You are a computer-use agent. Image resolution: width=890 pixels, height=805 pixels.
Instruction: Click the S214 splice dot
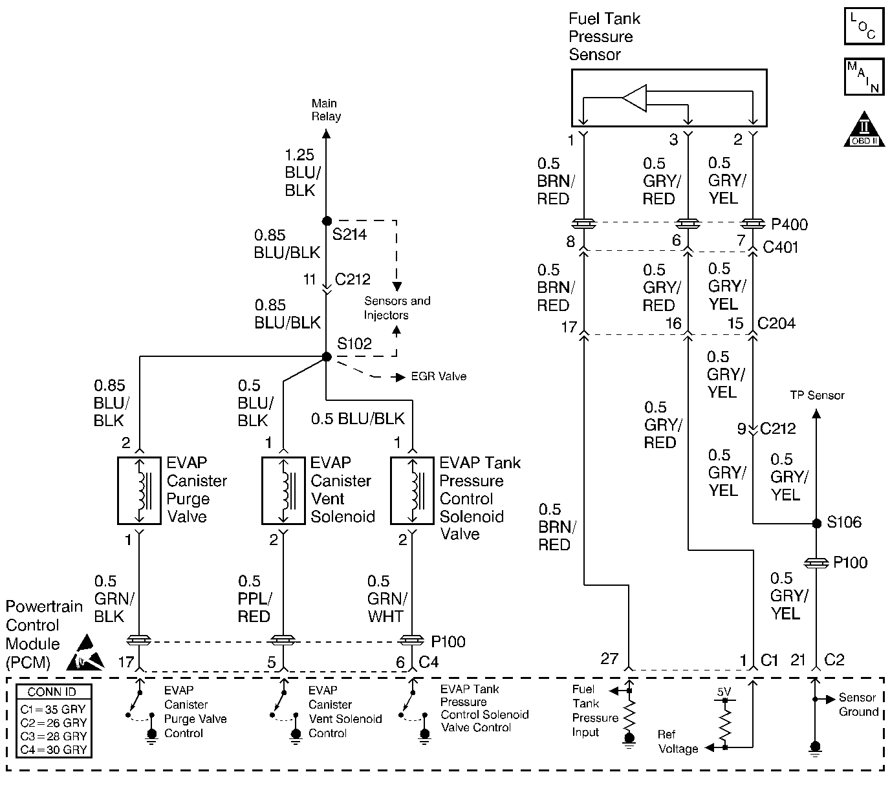(327, 221)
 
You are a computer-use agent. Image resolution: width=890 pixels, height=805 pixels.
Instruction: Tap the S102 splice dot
(327, 357)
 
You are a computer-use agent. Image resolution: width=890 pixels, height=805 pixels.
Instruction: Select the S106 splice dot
(816, 523)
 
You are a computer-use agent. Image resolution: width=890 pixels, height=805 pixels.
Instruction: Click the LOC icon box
(864, 26)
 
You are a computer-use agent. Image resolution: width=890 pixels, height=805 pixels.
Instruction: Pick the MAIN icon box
(864, 77)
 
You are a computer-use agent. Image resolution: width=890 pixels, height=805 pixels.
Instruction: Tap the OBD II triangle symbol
(864, 129)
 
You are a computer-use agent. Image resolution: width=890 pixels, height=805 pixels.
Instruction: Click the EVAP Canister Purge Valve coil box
(139, 491)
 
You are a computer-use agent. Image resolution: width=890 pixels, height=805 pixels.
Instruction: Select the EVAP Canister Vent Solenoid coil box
(283, 491)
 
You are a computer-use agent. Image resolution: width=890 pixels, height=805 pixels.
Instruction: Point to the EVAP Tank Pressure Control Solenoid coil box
(412, 491)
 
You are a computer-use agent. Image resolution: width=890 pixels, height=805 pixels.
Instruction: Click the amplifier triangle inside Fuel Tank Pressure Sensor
(635, 98)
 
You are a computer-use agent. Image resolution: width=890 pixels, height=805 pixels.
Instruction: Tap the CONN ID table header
(52, 692)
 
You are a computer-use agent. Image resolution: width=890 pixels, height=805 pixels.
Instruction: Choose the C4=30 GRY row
(53, 749)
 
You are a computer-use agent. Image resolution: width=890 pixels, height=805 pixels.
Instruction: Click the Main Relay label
(325, 109)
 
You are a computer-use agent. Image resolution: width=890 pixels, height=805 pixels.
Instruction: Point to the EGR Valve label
(439, 376)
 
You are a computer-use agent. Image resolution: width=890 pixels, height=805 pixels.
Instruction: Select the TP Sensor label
(817, 395)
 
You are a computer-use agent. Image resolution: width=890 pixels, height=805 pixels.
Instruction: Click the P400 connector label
(789, 224)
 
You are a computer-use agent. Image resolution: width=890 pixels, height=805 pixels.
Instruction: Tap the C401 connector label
(781, 247)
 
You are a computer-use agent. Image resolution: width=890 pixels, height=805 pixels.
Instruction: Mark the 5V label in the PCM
(724, 692)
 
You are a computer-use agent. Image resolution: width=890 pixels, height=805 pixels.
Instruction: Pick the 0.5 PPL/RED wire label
(254, 599)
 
